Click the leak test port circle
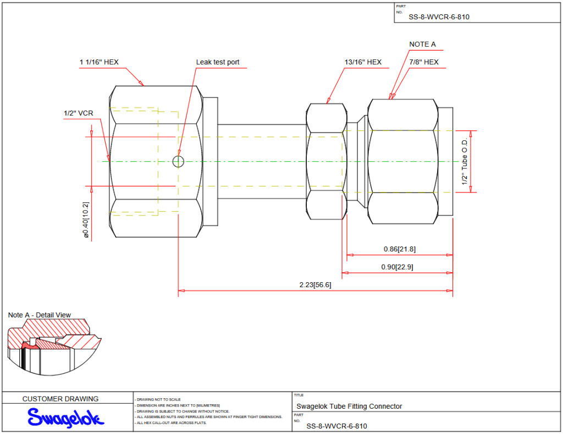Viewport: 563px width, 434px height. [x=178, y=161]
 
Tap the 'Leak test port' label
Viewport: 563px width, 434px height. [x=218, y=62]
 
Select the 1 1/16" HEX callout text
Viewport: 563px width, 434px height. [x=99, y=62]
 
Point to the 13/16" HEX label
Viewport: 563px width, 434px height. [x=363, y=62]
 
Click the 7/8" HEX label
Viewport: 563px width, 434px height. [x=424, y=62]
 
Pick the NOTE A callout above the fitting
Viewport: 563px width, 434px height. [x=422, y=44]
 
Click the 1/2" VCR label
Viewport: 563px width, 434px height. [x=78, y=113]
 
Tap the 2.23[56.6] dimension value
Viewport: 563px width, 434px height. [x=315, y=285]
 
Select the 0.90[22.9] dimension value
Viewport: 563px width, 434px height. [x=398, y=267]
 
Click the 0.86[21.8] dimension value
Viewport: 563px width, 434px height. [x=400, y=249]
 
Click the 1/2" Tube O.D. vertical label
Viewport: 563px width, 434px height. [x=465, y=161]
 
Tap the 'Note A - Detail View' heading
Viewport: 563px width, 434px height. [x=40, y=315]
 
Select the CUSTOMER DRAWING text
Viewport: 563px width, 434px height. [x=60, y=399]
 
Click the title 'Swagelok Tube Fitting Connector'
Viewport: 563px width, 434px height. [x=349, y=406]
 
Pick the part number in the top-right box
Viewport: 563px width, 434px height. [x=439, y=17]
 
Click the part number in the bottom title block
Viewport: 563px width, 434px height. [x=336, y=426]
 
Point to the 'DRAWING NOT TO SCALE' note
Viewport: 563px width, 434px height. [x=159, y=399]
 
